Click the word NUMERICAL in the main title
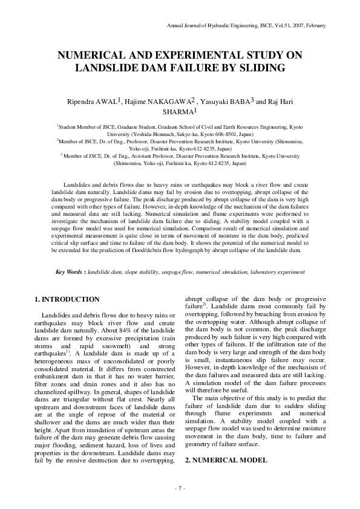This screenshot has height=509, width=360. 92,55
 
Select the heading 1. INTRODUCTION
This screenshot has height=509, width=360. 67,299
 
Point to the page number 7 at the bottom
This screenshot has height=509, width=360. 180,487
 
